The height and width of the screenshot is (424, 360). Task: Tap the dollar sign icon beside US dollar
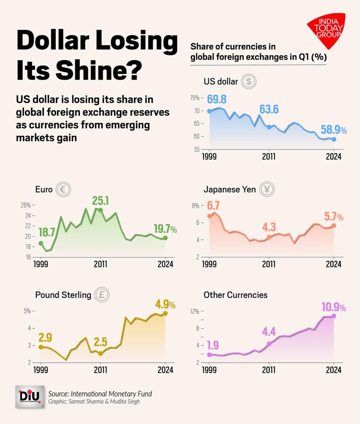(x=248, y=82)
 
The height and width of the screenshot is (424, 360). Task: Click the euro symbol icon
(x=62, y=189)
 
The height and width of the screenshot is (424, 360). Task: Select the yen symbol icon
(x=267, y=189)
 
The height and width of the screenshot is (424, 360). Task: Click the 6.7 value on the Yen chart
(x=213, y=206)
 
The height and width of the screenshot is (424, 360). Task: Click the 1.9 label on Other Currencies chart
(x=213, y=344)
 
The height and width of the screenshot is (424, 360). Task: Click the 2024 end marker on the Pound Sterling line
(x=166, y=314)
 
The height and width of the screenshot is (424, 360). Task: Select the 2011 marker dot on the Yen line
(x=269, y=237)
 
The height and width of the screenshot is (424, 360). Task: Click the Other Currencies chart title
(x=235, y=295)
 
